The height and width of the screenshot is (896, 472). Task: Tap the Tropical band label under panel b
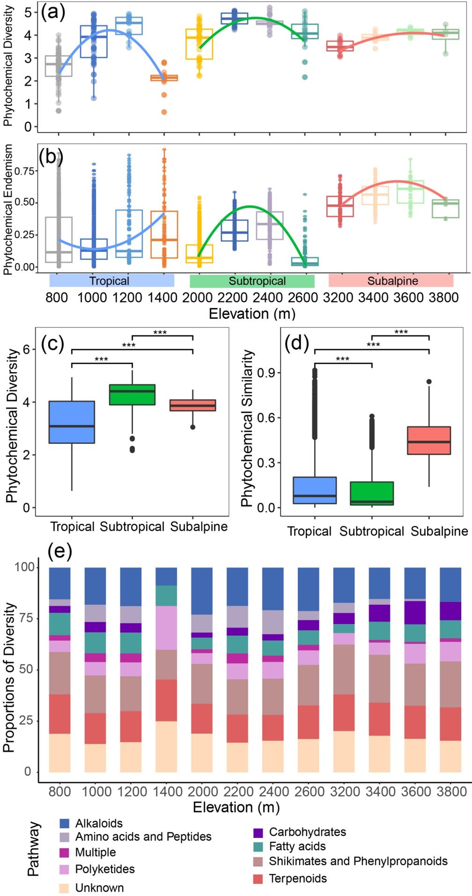tap(110, 281)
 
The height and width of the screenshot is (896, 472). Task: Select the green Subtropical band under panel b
tap(252, 281)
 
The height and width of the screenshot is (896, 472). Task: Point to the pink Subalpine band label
tap(393, 281)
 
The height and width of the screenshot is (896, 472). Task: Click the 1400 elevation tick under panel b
tap(162, 298)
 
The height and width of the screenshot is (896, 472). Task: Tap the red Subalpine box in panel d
tap(429, 440)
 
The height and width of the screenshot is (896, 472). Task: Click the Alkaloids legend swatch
tap(65, 823)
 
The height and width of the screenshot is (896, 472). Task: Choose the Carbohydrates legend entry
tap(307, 832)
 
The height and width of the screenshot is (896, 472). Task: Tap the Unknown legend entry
tap(99, 888)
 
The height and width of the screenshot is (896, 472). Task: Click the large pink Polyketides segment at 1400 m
tap(166, 628)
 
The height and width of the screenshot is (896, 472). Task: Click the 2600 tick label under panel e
tap(309, 791)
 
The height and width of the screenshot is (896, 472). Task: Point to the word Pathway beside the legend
tap(33, 849)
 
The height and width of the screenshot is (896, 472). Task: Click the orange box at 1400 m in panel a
tap(164, 78)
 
